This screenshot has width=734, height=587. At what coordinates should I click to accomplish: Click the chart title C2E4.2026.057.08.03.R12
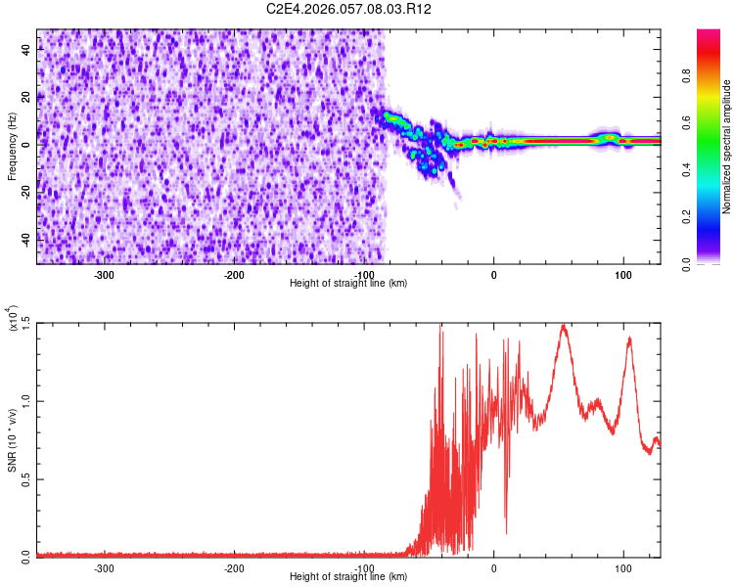(x=349, y=9)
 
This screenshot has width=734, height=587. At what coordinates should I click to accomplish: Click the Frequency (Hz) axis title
(x=12, y=147)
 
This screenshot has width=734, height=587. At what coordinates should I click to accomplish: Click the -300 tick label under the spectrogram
(x=104, y=274)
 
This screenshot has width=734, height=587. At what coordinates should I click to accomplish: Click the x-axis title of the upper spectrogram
(x=348, y=284)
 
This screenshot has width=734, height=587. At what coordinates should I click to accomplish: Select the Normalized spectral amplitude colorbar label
(x=727, y=147)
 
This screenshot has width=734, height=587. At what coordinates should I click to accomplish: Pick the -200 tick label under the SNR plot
(x=234, y=566)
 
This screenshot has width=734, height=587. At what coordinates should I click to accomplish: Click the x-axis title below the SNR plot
(x=348, y=577)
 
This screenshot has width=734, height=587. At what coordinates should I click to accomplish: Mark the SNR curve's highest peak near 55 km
(x=563, y=325)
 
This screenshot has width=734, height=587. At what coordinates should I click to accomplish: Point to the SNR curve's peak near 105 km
(x=629, y=338)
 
